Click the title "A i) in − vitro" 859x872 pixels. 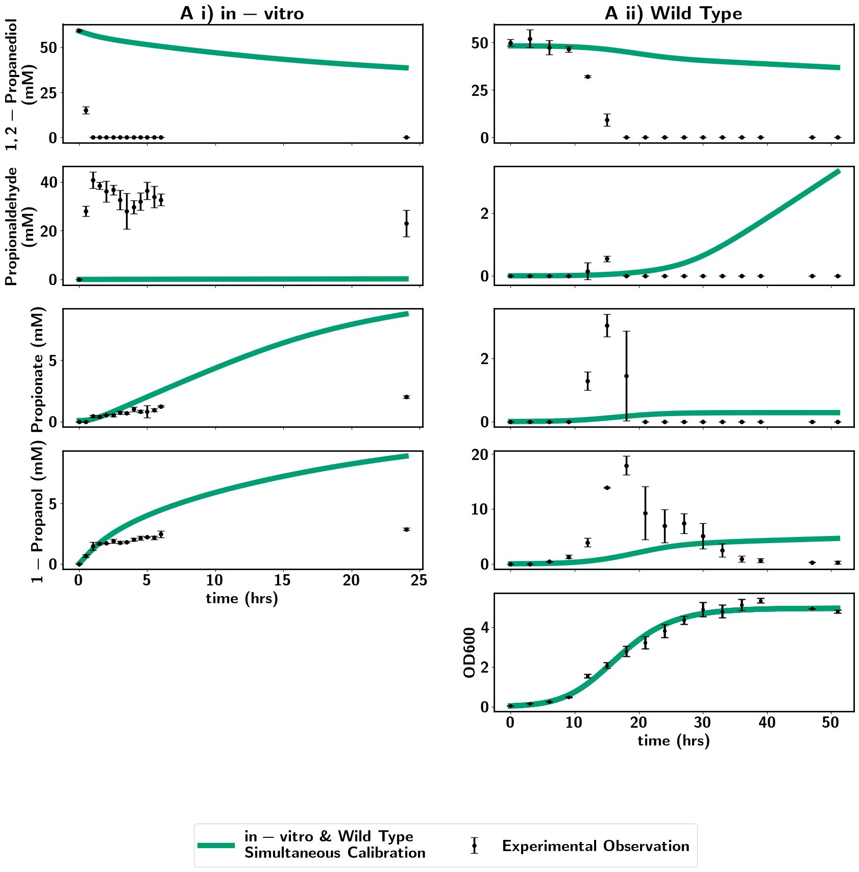(242, 13)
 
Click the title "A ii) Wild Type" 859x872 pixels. (673, 13)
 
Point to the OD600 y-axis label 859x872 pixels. (470, 652)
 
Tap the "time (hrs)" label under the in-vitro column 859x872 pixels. (242, 598)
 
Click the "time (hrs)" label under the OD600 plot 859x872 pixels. (674, 740)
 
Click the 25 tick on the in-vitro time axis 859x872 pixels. (420, 580)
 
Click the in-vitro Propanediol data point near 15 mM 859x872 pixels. (86, 110)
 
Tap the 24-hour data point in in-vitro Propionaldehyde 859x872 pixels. (406, 223)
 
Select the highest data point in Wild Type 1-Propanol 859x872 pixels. (626, 466)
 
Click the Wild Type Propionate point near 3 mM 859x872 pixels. (607, 325)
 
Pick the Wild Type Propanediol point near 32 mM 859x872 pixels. (587, 77)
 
